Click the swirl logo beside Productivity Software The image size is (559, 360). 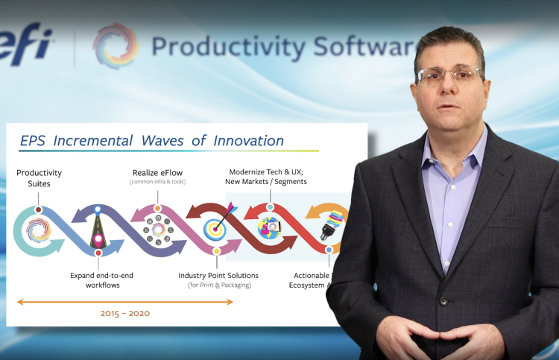pyautogui.click(x=116, y=46)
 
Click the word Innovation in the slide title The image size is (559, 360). pyautogui.click(x=248, y=140)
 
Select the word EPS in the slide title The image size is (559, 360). pyautogui.click(x=36, y=140)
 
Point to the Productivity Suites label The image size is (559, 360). pyautogui.click(x=39, y=177)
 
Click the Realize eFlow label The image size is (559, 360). pyautogui.click(x=157, y=172)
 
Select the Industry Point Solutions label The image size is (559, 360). pyautogui.click(x=215, y=280)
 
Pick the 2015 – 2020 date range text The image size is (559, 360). pyautogui.click(x=125, y=313)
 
